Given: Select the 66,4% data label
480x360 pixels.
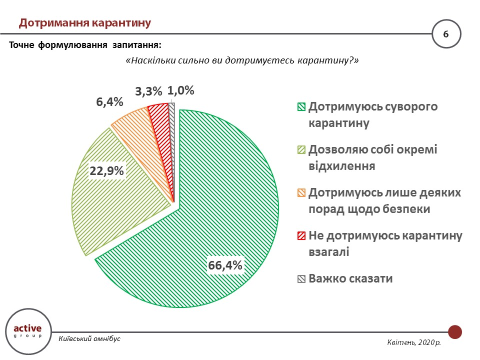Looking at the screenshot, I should [x=225, y=265].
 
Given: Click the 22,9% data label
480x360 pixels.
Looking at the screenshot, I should [x=106, y=171].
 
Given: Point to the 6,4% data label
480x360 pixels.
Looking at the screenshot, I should [x=109, y=102].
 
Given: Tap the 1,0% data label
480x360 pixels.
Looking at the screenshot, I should [x=180, y=90].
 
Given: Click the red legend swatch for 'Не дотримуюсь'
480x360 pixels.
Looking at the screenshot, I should [x=301, y=236].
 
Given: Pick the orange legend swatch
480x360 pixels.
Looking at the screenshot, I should [x=301, y=193].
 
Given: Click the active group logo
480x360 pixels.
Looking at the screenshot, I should [x=27, y=330].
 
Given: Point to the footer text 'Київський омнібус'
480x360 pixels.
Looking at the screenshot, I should [x=89, y=339].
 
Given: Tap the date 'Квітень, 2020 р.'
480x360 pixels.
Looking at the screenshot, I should [x=413, y=343].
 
